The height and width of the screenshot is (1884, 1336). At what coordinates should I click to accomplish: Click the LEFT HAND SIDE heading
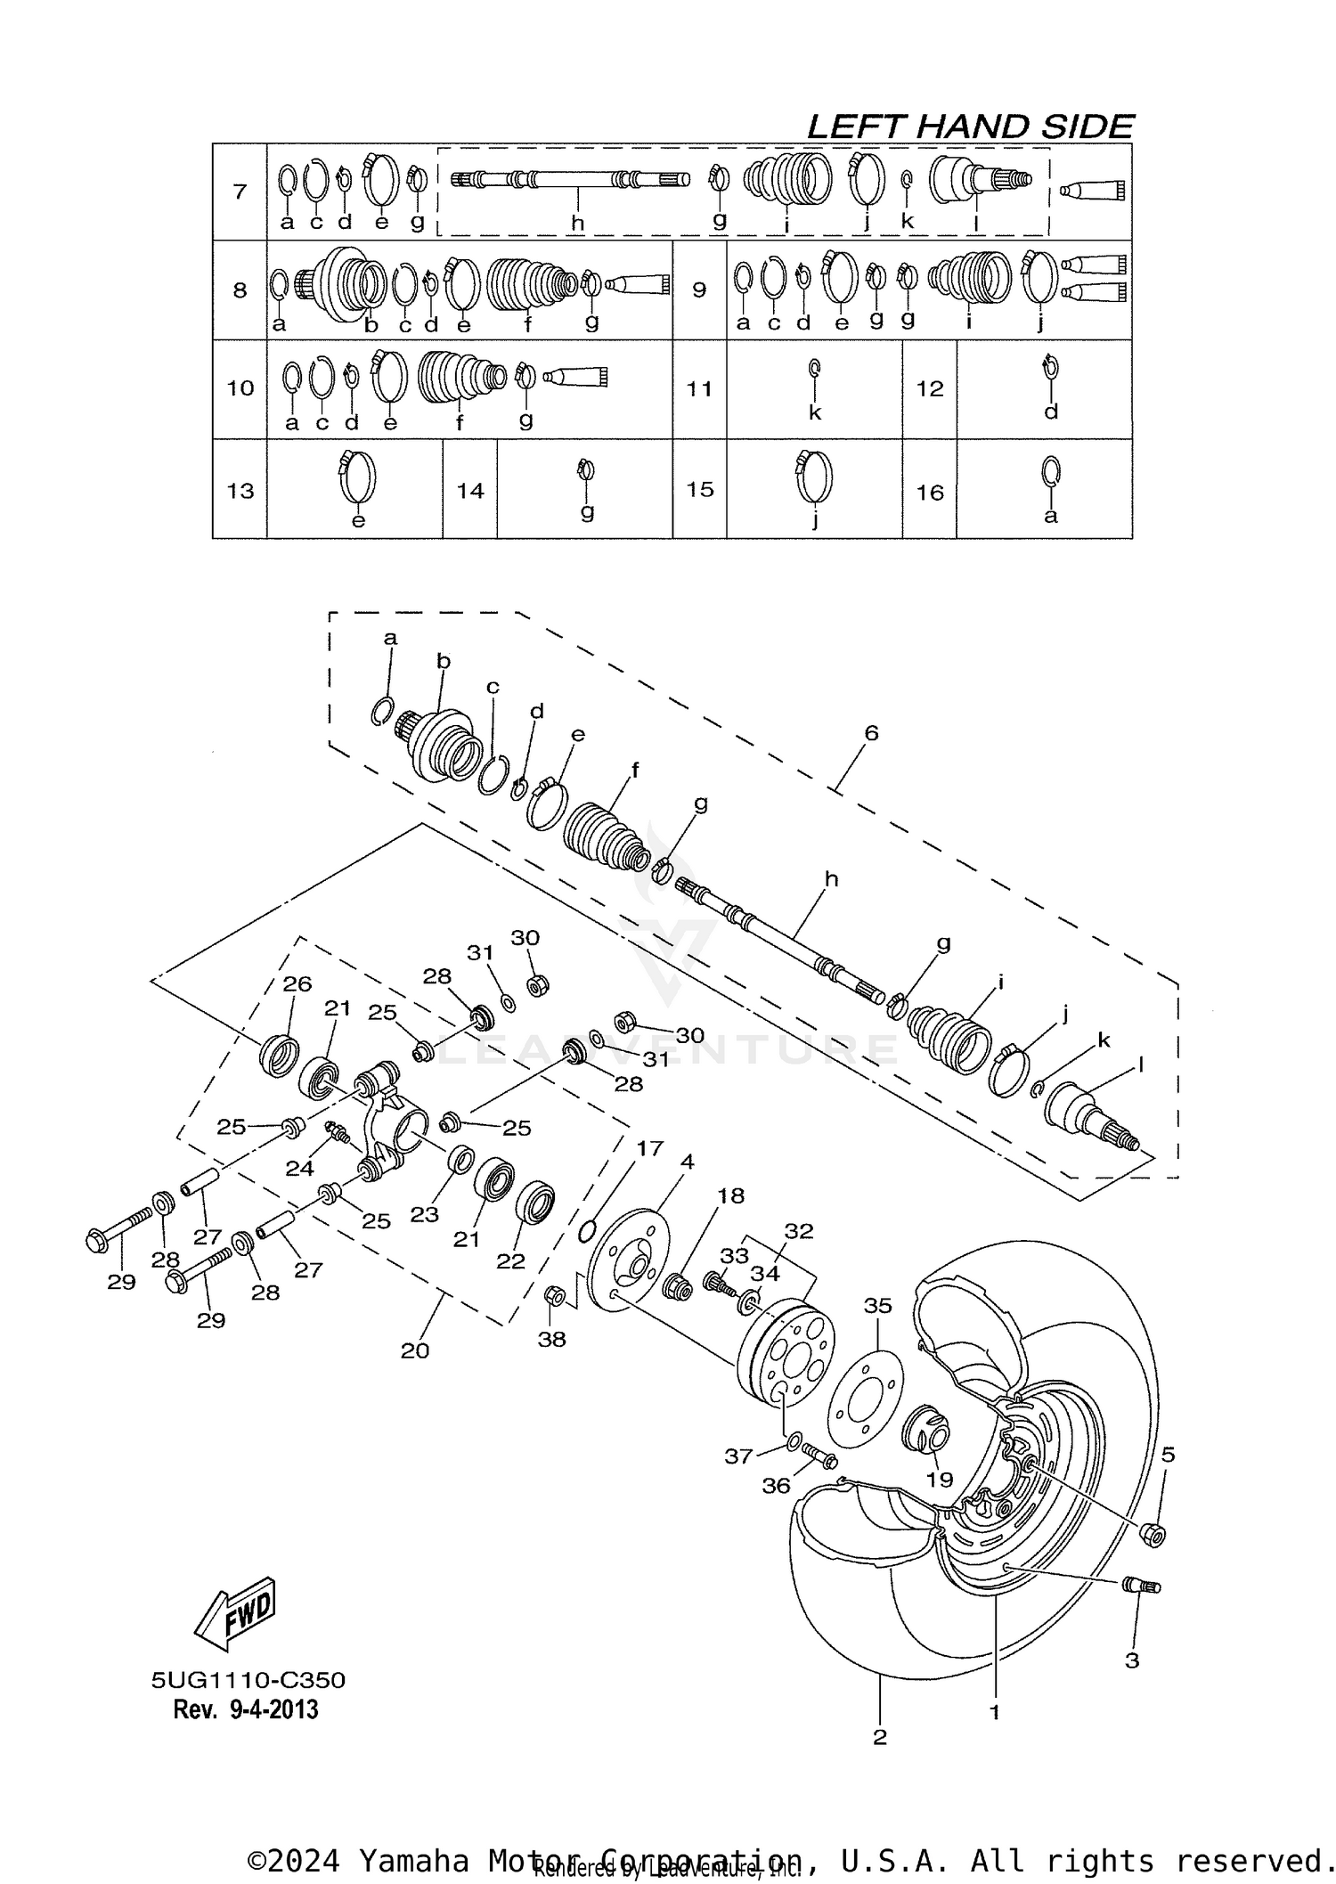tap(969, 126)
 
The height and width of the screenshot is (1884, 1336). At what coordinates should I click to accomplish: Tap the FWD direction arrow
tap(235, 1611)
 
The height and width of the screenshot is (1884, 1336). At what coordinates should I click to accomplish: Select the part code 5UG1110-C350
tap(248, 1680)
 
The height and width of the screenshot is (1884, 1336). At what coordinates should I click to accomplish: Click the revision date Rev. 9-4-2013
tap(245, 1709)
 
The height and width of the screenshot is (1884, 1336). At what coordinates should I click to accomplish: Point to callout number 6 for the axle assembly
tap(871, 732)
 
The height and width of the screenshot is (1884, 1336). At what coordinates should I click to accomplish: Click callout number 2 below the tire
tap(879, 1737)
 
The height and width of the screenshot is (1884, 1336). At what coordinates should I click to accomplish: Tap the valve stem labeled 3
tap(1139, 1585)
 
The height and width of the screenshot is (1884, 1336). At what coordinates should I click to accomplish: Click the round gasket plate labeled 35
tap(865, 1399)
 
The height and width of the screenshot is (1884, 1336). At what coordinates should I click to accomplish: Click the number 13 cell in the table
tap(240, 491)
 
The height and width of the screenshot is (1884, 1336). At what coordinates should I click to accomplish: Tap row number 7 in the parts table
tap(240, 192)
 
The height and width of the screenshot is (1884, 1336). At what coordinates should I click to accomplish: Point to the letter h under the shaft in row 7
tap(577, 223)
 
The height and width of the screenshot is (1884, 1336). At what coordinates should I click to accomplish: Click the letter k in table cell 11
tap(814, 412)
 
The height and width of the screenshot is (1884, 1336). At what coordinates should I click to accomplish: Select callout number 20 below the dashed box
tap(415, 1350)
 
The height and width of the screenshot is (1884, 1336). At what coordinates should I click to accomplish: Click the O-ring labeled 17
tap(586, 1232)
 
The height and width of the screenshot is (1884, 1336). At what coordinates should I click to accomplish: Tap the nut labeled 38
tap(552, 1296)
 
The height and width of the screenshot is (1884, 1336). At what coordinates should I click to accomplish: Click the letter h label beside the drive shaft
tap(831, 879)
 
